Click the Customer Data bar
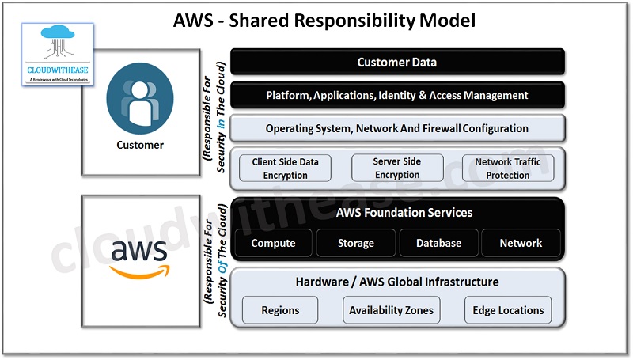tap(396, 62)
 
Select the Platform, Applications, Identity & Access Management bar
tap(396, 95)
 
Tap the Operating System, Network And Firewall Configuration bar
tap(396, 128)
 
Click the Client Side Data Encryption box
tap(286, 168)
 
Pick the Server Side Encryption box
tap(396, 168)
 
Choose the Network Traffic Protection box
tap(508, 168)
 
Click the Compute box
tap(273, 243)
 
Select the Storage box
tap(355, 243)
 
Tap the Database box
tap(438, 243)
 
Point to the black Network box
tap(521, 243)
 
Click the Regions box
tap(280, 310)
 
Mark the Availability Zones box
tap(392, 310)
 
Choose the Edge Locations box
tap(508, 310)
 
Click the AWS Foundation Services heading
tap(404, 213)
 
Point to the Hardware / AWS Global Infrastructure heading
tap(396, 282)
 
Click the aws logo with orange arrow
tap(139, 257)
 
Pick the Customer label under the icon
tap(140, 145)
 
